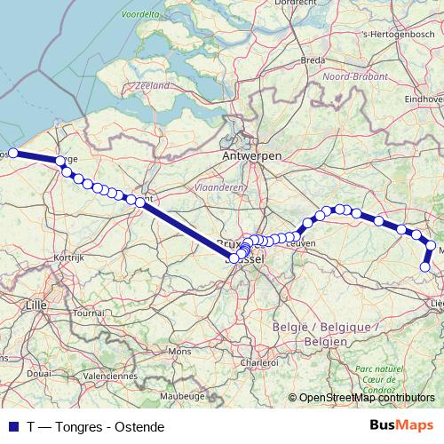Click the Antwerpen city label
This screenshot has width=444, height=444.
click(x=253, y=156)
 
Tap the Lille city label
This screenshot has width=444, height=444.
click(x=36, y=305)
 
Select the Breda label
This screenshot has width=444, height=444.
click(x=313, y=60)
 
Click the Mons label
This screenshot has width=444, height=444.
click(x=179, y=352)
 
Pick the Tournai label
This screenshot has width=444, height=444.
click(x=89, y=313)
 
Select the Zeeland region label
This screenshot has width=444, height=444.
click(x=153, y=85)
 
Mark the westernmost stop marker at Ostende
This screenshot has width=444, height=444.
click(x=13, y=153)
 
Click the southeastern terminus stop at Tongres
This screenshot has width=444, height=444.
click(x=425, y=266)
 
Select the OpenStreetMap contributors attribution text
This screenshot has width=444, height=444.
click(x=367, y=398)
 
